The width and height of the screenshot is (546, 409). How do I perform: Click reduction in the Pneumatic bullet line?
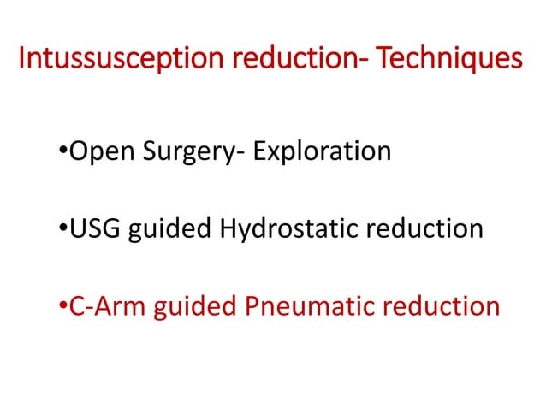pyautogui.click(x=436, y=306)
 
